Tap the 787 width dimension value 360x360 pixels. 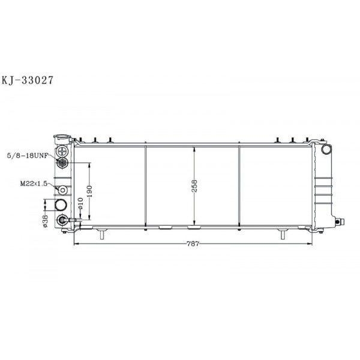pyautogui.click(x=193, y=244)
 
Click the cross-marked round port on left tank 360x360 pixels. pyautogui.click(x=62, y=151)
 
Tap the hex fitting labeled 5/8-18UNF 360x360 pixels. pyautogui.click(x=62, y=163)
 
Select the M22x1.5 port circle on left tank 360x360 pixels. pyautogui.click(x=62, y=190)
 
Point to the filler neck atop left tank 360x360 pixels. pyautogui.click(x=62, y=138)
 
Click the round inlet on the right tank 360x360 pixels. pyautogui.click(x=326, y=149)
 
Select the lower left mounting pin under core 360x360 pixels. pyautogui.click(x=102, y=234)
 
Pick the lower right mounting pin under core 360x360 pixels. pyautogui.click(x=283, y=234)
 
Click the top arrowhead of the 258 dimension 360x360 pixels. pyautogui.click(x=193, y=148)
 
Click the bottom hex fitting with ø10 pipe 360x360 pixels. pyautogui.click(x=62, y=220)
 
